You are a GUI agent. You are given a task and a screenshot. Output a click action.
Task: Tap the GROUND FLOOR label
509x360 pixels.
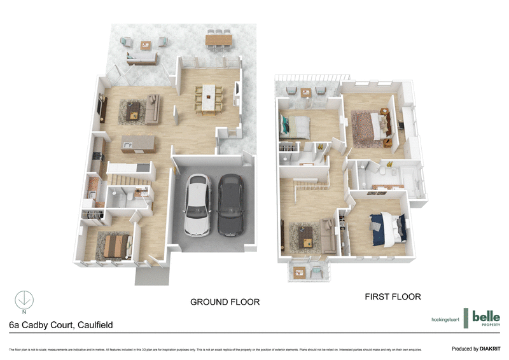(225, 301)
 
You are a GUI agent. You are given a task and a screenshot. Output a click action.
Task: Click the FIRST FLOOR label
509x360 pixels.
(392, 296)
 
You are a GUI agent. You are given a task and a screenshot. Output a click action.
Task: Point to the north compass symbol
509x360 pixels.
(24, 299)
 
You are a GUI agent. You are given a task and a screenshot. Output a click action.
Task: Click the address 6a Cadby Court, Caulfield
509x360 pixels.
(61, 324)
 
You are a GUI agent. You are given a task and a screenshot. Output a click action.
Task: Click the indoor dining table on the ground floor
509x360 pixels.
(207, 99)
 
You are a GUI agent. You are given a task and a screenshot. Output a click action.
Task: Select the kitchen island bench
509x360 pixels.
(137, 144)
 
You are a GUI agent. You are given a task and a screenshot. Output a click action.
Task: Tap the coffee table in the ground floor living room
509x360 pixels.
(134, 110)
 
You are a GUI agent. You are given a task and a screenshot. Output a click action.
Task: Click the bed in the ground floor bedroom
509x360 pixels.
(115, 246)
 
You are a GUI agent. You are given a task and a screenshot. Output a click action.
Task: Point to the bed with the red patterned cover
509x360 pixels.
(368, 123)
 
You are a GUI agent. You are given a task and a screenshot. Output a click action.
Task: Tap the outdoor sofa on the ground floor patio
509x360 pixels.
(142, 58)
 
